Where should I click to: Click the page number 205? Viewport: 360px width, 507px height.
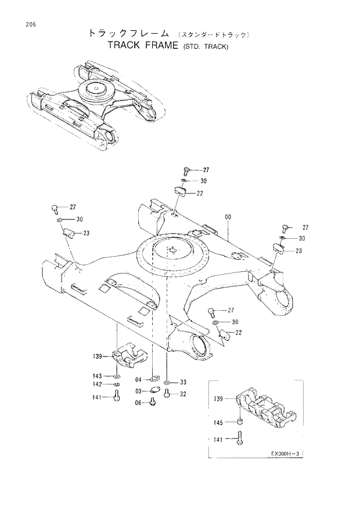coord(23,24)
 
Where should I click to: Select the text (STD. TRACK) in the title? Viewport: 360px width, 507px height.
coord(206,46)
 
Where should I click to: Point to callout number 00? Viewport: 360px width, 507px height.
coord(228,217)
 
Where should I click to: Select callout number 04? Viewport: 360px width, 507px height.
coord(139,382)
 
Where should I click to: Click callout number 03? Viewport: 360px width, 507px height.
coord(139,392)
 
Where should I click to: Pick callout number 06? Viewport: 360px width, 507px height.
coord(139,403)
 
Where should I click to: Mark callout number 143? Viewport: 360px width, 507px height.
coord(98,376)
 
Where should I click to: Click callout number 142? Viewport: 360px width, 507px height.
coord(98,384)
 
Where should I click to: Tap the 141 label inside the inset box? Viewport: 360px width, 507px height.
coord(219,441)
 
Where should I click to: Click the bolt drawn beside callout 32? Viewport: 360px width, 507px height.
coord(167,394)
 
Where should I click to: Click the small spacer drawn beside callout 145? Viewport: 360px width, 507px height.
coord(239,422)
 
